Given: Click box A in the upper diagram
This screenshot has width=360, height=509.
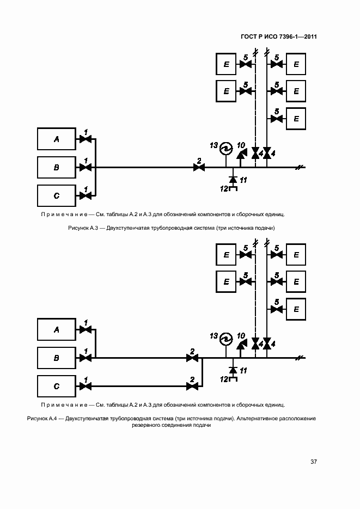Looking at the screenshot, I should pos(56,139).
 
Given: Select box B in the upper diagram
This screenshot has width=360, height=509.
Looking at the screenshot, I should pos(56,167).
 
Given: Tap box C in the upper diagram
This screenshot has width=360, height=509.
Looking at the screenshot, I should pos(56,195).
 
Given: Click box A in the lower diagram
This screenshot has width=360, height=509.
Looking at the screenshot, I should pos(56,329).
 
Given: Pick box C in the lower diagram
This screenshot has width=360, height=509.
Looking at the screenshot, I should pos(56,386).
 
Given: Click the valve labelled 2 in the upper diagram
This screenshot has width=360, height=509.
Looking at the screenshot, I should pos(199,167).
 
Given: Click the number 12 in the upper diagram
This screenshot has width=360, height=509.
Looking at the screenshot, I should pos(223,188).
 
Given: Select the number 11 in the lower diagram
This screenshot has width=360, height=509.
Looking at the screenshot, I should pos(243,370).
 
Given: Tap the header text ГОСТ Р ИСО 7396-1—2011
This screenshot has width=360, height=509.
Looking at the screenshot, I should pos(278,37).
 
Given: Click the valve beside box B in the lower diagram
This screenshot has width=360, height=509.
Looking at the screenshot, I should pos(86,358).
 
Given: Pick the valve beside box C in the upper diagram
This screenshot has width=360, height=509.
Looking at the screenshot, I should pos(86,195).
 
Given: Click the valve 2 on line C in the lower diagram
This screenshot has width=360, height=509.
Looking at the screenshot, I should pos(192,386).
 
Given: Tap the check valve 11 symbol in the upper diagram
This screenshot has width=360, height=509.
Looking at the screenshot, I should pos(233,179).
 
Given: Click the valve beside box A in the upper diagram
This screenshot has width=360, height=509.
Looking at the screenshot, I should pos(86,139).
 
